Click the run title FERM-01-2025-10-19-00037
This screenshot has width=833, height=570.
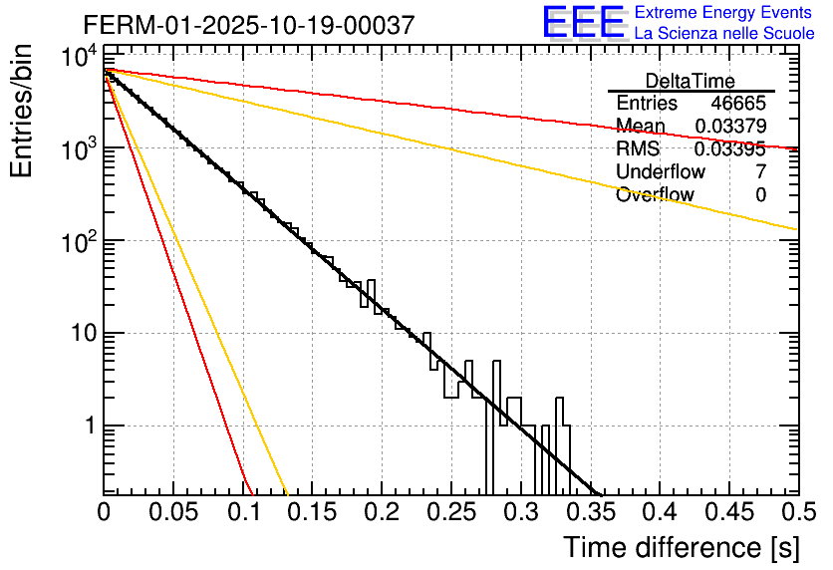(249, 26)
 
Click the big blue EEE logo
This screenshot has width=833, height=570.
(583, 23)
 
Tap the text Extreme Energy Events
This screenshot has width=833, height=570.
(724, 13)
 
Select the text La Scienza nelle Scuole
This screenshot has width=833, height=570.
(724, 34)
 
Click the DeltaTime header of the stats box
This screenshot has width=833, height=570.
(691, 81)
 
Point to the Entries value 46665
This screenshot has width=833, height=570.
(738, 104)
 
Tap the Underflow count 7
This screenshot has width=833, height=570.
(760, 172)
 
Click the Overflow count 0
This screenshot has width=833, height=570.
(760, 195)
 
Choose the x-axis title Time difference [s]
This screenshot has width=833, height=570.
(681, 547)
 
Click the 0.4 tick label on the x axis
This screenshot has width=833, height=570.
(659, 512)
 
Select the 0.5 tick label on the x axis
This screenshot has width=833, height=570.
(796, 512)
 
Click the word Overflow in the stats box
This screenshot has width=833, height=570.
(655, 195)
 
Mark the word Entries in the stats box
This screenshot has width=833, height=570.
(647, 104)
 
